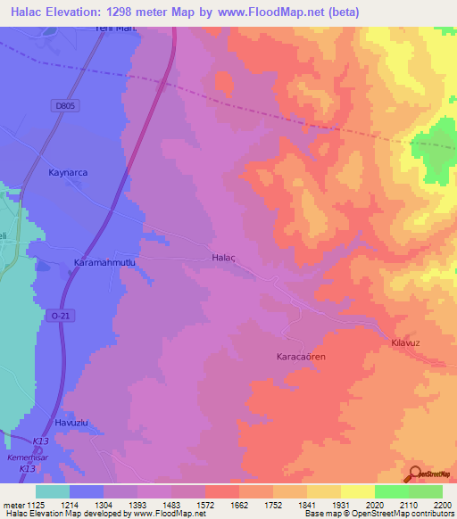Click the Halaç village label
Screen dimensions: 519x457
click(222, 256)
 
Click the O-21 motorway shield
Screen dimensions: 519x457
click(61, 316)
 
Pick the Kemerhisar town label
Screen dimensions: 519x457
click(22, 457)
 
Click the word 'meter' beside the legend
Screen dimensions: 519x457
click(10, 505)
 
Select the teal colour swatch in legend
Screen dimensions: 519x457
click(53, 491)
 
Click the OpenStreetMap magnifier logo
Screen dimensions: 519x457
click(415, 474)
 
